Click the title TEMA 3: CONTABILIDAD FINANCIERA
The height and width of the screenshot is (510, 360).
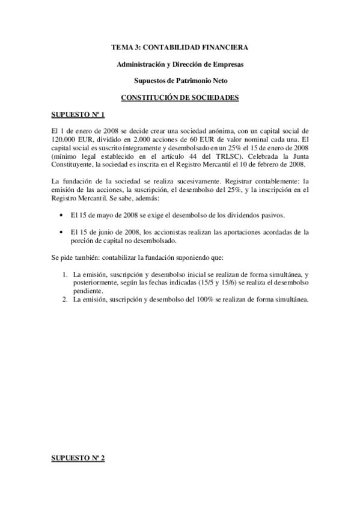[180, 47]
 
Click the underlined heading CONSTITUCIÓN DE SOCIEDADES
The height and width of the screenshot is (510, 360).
[180, 97]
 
